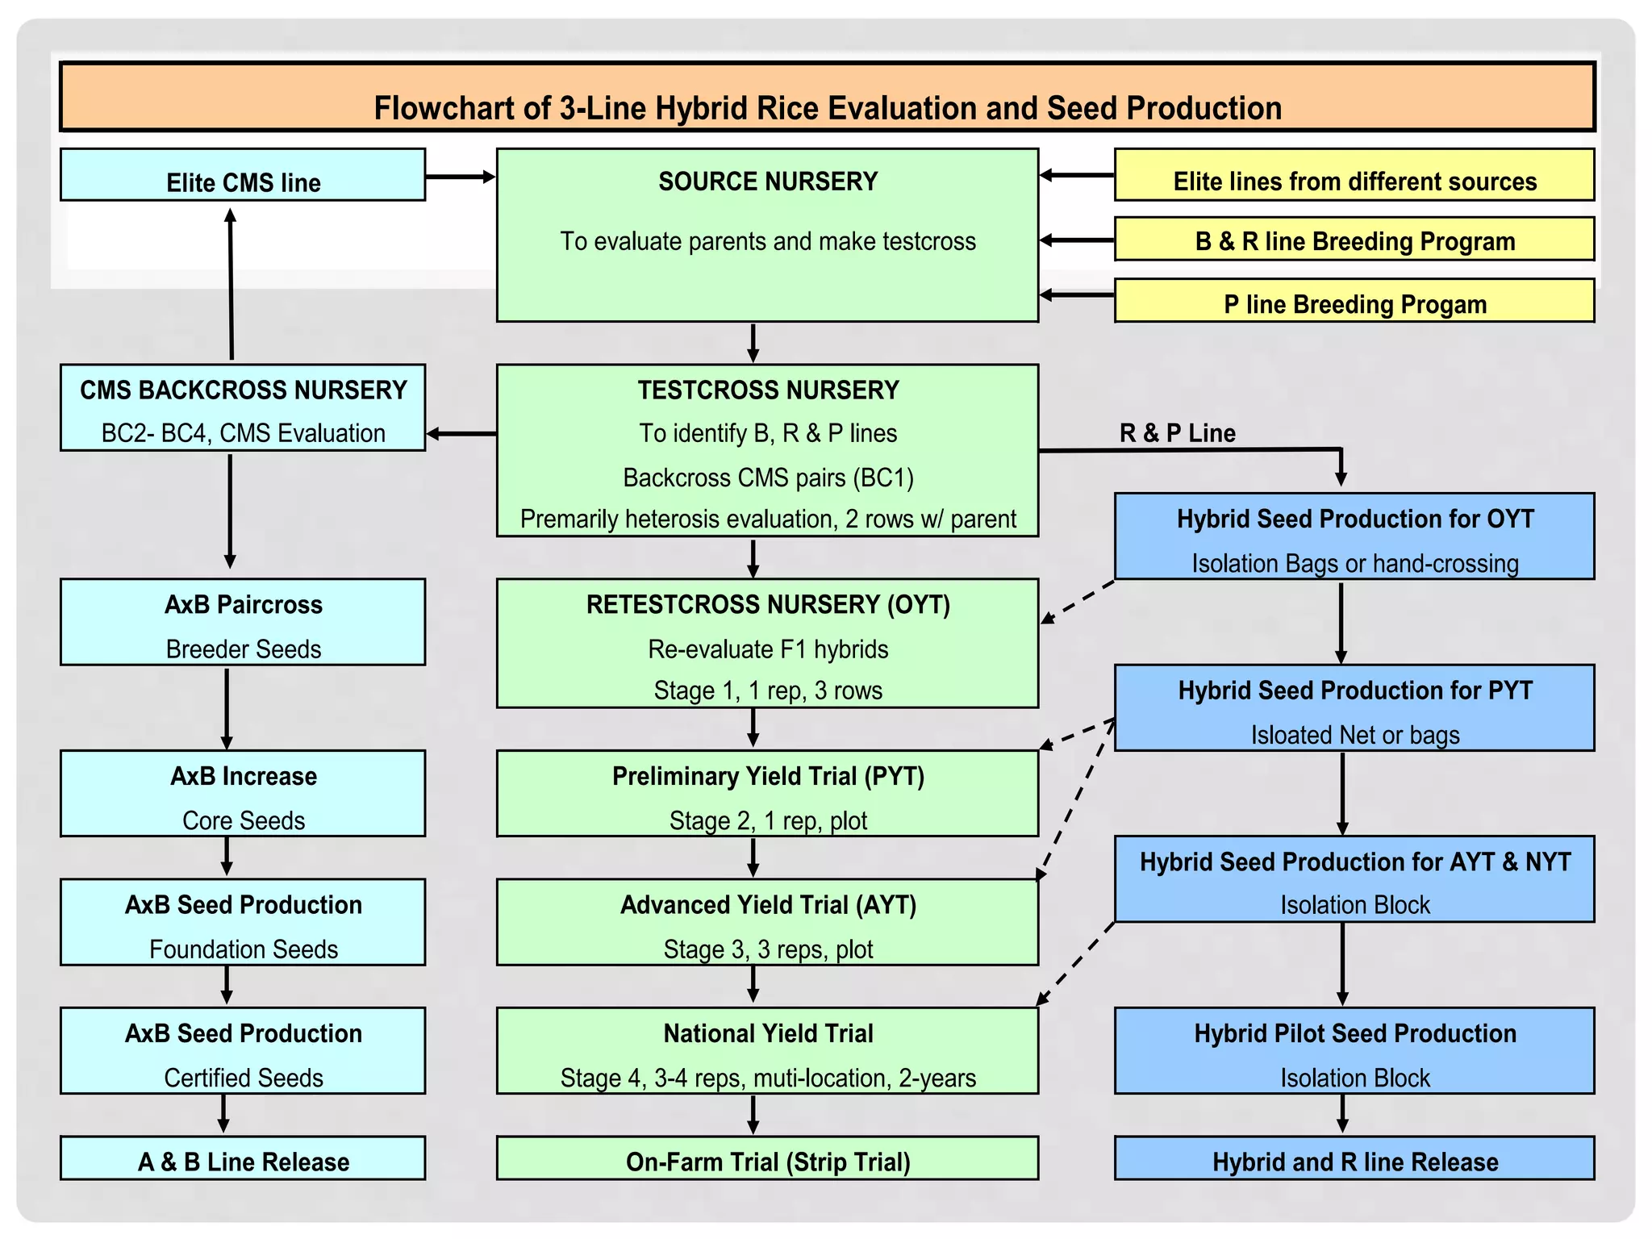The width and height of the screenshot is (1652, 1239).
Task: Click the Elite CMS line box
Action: [x=243, y=175]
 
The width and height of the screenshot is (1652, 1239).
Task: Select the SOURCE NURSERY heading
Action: [x=767, y=181]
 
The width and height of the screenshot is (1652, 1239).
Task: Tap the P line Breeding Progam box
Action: [x=1354, y=301]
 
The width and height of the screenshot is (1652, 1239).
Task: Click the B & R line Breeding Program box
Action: [x=1354, y=240]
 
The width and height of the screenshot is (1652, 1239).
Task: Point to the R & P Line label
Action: [x=1177, y=433]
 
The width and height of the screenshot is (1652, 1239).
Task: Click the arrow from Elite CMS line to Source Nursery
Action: [x=460, y=177]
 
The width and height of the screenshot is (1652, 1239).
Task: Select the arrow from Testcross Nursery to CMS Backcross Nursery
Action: [x=461, y=434]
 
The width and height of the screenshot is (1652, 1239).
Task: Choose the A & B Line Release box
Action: [x=243, y=1158]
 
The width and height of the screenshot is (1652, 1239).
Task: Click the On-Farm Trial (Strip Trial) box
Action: [x=767, y=1158]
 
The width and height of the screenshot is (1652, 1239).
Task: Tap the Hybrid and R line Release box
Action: [x=1354, y=1158]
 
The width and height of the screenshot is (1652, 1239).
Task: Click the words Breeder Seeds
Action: [x=243, y=649]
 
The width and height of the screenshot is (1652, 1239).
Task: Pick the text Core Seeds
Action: [x=243, y=820]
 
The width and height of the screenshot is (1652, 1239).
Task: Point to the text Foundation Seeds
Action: [x=243, y=949]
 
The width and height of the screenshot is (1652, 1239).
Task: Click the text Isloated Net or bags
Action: [x=1354, y=735]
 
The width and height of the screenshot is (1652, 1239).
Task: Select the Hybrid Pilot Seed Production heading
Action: [x=1354, y=1033]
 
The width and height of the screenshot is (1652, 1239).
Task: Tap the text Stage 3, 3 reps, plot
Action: [x=767, y=949]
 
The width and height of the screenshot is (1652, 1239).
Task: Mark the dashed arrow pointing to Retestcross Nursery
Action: [x=1078, y=602]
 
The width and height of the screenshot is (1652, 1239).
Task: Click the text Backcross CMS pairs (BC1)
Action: [x=767, y=478]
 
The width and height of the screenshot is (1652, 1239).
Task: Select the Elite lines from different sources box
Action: [x=1354, y=175]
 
